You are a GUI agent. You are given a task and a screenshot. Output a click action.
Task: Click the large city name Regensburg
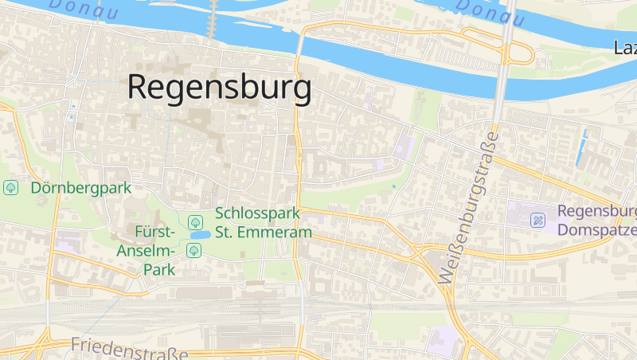pyautogui.click(x=219, y=88)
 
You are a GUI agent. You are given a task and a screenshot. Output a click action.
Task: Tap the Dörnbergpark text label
pyautogui.click(x=80, y=188)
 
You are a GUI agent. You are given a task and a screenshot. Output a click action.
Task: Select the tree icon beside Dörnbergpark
pyautogui.click(x=11, y=188)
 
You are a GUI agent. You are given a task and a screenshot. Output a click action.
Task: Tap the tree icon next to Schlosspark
pyautogui.click(x=193, y=221)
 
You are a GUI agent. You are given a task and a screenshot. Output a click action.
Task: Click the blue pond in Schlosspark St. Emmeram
pyautogui.click(x=200, y=236)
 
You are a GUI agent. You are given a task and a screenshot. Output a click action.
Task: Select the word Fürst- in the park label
pyautogui.click(x=154, y=233)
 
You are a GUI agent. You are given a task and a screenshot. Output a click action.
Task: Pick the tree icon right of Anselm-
pyautogui.click(x=193, y=251)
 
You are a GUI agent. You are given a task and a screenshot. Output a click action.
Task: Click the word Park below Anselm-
pyautogui.click(x=159, y=269)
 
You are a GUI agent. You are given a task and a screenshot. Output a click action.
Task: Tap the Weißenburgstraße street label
pyautogui.click(x=468, y=209)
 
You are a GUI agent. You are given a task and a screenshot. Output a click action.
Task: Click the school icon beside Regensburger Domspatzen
pyautogui.click(x=538, y=220)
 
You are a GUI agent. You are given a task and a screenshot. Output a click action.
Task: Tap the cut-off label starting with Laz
pyautogui.click(x=625, y=48)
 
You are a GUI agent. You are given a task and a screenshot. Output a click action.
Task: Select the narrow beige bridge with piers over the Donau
pyautogui.click(x=213, y=18)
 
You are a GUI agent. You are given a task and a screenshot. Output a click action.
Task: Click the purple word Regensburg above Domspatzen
pyautogui.click(x=597, y=211)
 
